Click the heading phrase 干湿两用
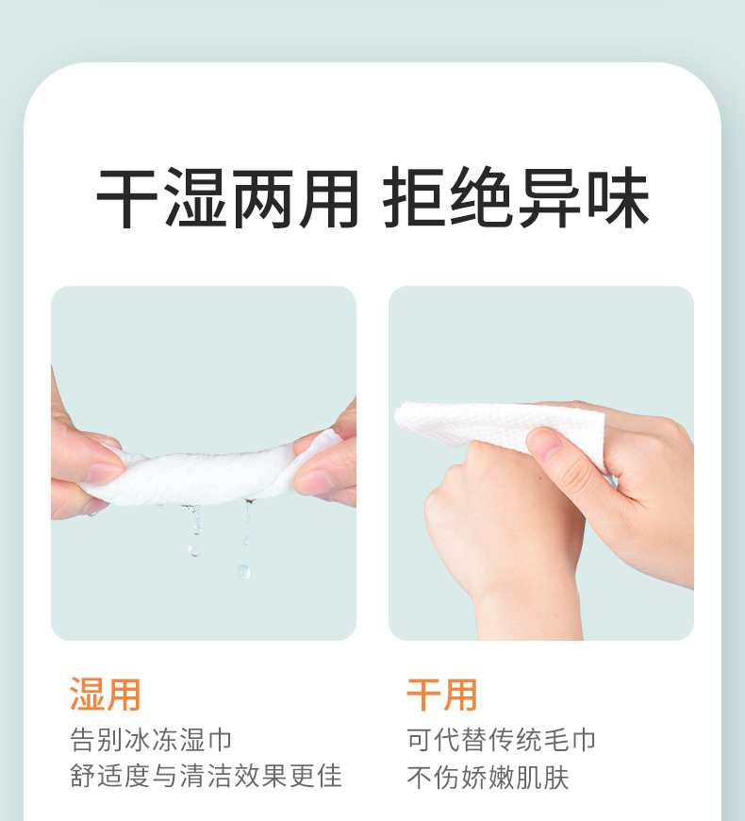(227, 199)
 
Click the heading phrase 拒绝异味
(516, 199)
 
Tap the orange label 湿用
(105, 694)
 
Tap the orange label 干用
(441, 694)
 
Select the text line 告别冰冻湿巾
(151, 739)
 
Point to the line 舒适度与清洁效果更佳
(206, 776)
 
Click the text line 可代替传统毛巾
(502, 739)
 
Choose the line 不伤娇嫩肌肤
(488, 777)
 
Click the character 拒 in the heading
(415, 199)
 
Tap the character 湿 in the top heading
(195, 199)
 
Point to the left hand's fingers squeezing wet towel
(90, 472)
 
